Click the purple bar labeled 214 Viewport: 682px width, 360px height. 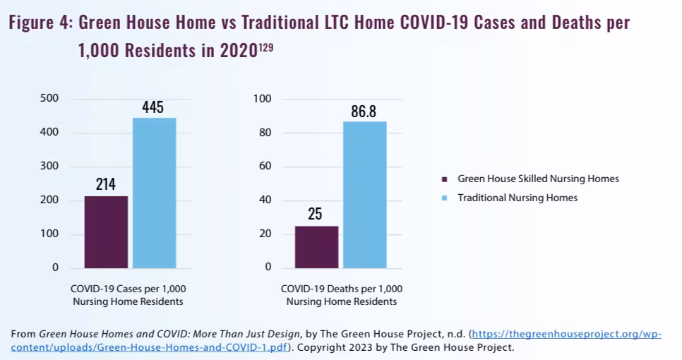pos(106,232)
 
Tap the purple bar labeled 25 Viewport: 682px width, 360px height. pos(316,247)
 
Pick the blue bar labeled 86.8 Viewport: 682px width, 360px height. pos(365,195)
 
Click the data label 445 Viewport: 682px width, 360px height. pos(152,107)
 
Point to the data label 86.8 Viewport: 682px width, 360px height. pos(364,112)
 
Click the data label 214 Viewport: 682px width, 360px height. pos(106,186)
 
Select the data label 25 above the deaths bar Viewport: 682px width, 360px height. pos(315,215)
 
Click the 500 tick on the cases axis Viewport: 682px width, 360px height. pos(49,98)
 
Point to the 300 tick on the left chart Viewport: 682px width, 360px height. pos(49,167)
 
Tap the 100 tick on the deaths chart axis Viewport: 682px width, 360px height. pos(262,99)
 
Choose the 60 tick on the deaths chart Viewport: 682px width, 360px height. pos(265,167)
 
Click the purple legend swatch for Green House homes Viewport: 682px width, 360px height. pos(445,179)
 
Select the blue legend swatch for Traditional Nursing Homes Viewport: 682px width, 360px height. pos(445,198)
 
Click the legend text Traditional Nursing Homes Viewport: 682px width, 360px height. pos(518,198)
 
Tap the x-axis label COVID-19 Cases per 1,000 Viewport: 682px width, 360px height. pos(128,289)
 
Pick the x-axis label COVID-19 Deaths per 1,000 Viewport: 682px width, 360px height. pos(341,289)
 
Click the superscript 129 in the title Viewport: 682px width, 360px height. pos(264,47)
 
